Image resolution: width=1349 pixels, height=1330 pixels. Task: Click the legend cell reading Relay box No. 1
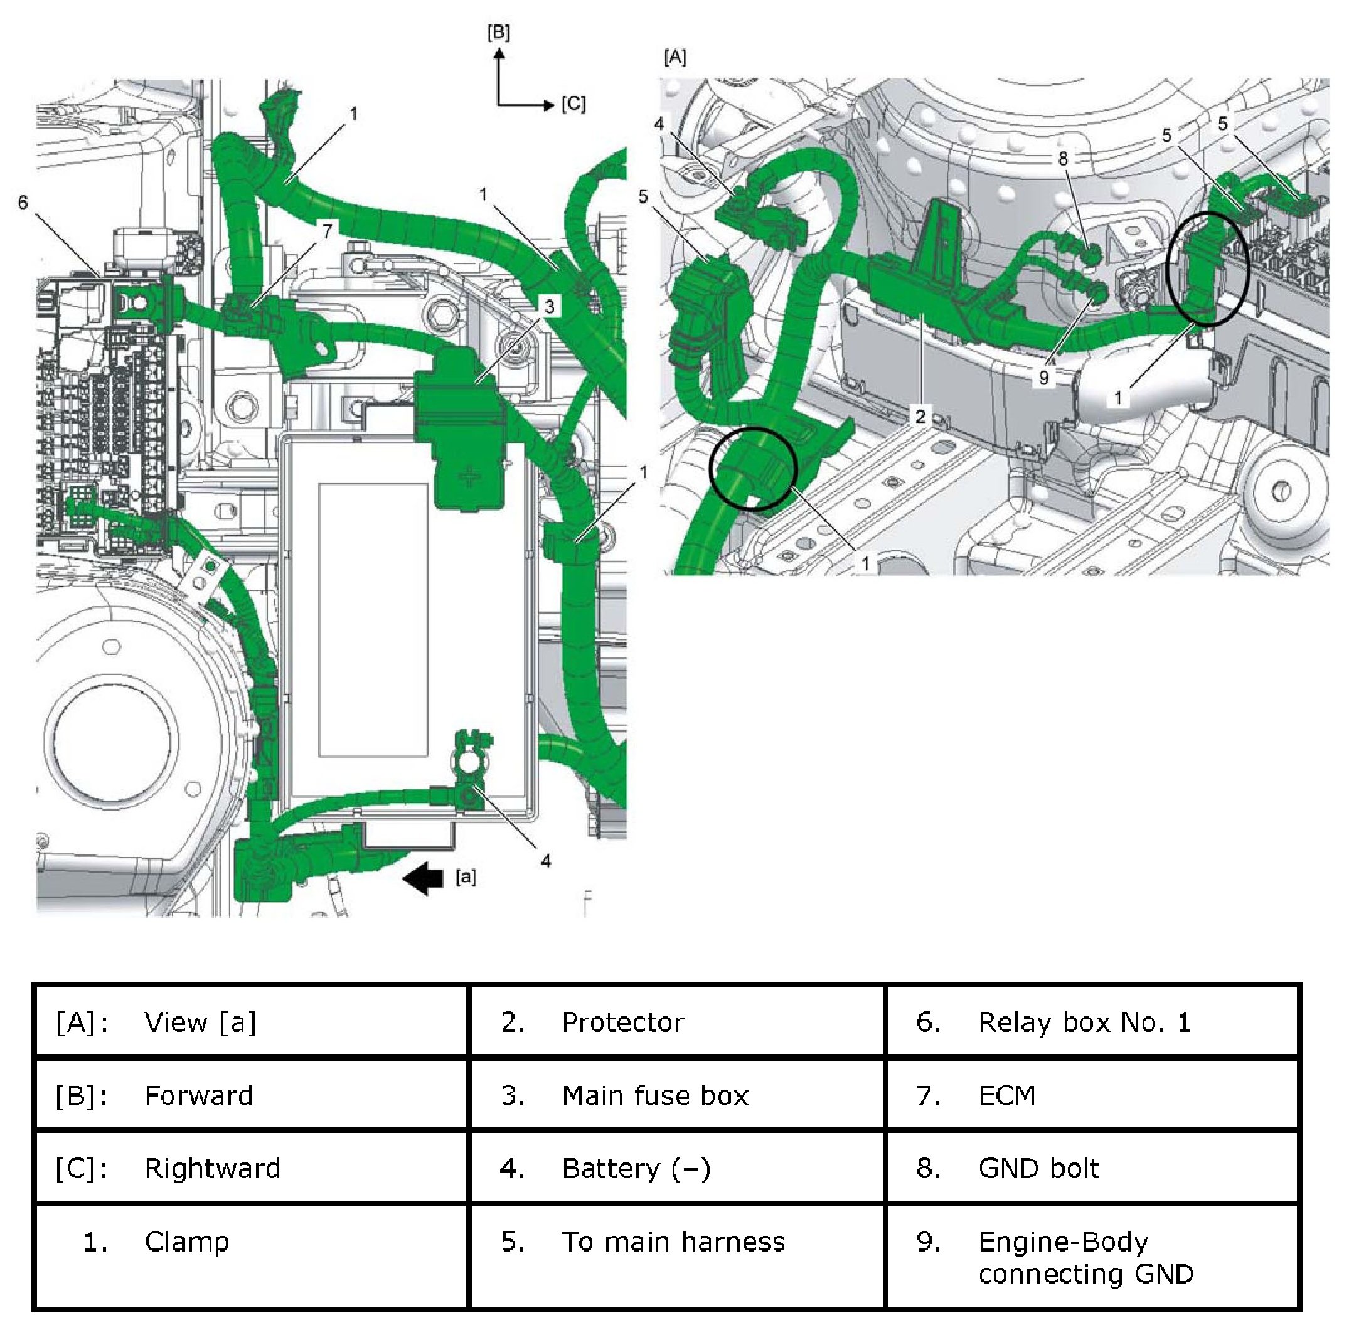(x=1084, y=1023)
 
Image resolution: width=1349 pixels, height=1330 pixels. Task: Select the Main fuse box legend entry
(x=655, y=1096)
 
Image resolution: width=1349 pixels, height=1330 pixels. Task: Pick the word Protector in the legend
(x=623, y=1023)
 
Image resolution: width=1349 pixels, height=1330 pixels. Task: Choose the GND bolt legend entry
(x=1039, y=1169)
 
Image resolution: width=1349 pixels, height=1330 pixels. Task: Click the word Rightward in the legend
(x=212, y=1169)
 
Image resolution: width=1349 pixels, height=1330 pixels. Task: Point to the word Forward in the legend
(x=199, y=1096)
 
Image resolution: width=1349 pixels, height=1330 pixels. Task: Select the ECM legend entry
(x=1007, y=1096)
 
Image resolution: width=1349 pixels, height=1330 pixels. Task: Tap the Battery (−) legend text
(x=636, y=1169)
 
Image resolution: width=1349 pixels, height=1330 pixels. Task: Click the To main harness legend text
(x=673, y=1242)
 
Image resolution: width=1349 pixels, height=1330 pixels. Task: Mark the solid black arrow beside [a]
(x=424, y=878)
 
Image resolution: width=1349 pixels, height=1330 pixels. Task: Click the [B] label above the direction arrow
(x=499, y=33)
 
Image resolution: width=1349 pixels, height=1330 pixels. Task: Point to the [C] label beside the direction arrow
(x=573, y=105)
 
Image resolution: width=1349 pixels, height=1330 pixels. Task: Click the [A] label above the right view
(x=675, y=57)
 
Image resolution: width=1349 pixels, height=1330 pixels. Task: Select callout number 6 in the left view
(x=23, y=203)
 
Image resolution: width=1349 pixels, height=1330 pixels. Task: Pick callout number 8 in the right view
(x=1063, y=159)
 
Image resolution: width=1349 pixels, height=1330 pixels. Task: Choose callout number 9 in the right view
(x=1044, y=378)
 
